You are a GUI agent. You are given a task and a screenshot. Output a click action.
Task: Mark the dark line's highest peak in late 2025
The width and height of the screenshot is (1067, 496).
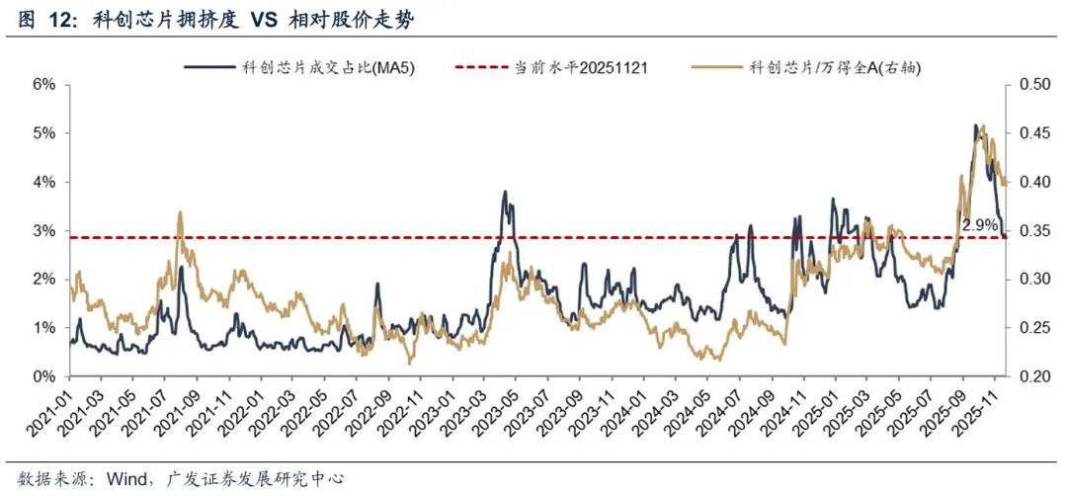pyautogui.click(x=975, y=125)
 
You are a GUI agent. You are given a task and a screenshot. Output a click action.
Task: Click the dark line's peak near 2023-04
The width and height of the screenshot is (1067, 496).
pyautogui.click(x=505, y=192)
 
